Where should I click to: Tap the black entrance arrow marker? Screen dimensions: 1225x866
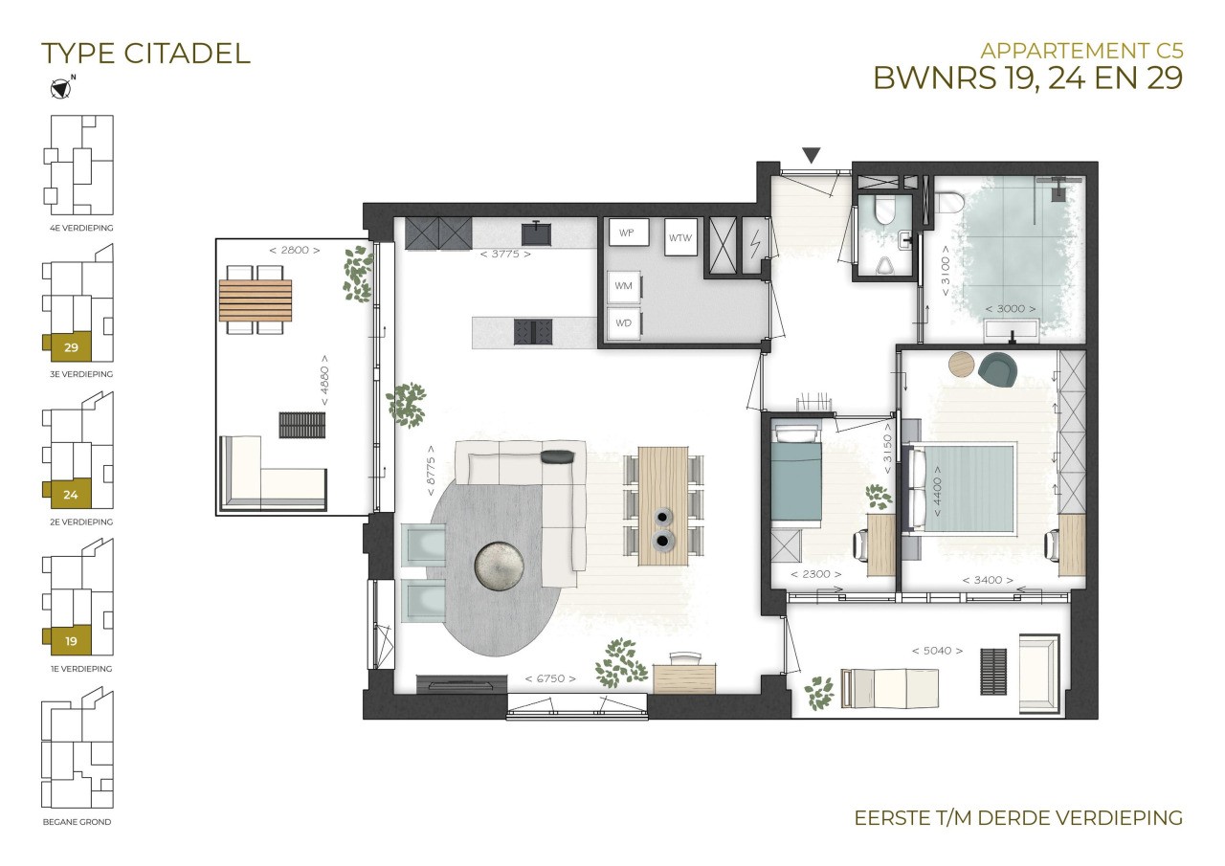click(811, 156)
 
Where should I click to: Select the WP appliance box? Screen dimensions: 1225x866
click(629, 233)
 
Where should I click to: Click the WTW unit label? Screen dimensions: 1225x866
click(680, 238)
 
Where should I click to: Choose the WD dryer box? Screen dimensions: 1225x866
click(624, 323)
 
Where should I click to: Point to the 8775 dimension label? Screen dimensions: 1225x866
click(431, 470)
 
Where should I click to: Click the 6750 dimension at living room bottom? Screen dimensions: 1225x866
click(550, 679)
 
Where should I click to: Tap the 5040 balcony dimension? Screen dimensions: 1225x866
click(937, 651)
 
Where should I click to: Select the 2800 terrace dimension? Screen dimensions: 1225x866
click(294, 251)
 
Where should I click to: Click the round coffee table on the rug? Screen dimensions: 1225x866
click(499, 566)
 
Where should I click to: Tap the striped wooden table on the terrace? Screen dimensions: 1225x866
click(255, 300)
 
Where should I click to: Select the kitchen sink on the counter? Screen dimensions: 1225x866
click(537, 233)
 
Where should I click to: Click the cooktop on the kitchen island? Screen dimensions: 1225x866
click(533, 332)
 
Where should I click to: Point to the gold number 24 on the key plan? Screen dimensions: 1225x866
click(71, 496)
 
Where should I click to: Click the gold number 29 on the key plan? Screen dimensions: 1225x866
click(71, 347)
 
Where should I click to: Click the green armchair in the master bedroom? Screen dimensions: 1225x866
click(997, 369)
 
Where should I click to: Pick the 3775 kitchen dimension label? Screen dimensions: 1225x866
click(505, 255)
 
